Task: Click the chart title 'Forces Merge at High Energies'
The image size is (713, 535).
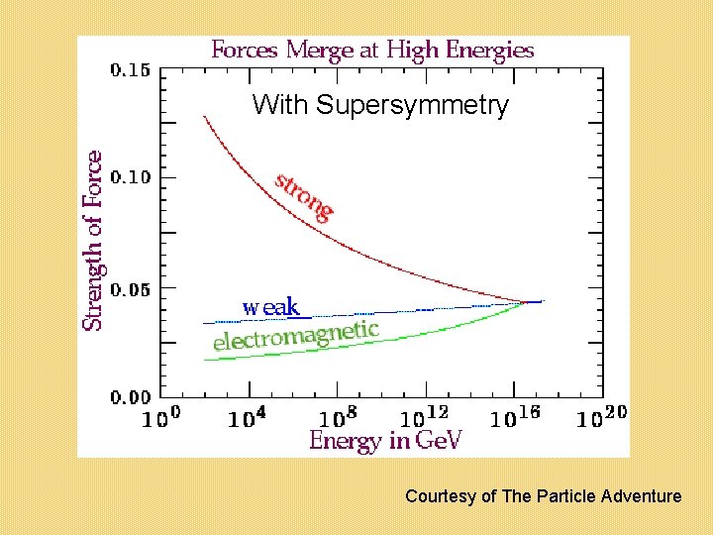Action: [372, 50]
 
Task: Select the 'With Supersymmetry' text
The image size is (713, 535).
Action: [380, 105]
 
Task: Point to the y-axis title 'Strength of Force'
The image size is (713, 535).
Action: [92, 241]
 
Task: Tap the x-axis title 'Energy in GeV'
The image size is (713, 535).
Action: [385, 440]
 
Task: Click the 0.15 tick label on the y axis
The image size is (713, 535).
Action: [131, 70]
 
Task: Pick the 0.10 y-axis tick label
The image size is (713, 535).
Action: [131, 178]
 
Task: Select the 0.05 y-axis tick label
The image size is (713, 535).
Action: [131, 288]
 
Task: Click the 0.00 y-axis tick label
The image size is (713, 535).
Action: [131, 396]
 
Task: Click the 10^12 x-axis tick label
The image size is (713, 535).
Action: [425, 417]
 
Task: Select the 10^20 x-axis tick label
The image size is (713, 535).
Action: [601, 417]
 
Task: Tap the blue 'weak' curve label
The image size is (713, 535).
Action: [270, 307]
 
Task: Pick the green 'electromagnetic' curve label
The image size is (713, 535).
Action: [296, 335]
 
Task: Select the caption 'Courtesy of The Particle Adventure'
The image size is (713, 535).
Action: [543, 496]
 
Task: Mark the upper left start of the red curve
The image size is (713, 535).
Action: [205, 117]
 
